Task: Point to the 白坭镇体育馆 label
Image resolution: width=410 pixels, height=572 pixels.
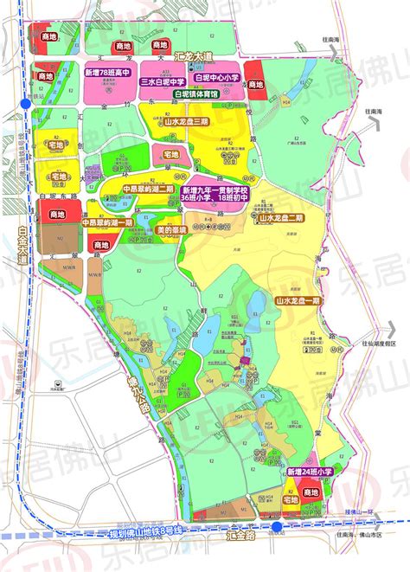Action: pos(197,93)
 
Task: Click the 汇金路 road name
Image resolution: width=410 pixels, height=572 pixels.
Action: pos(252,537)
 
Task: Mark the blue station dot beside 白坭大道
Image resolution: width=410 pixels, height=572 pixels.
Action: pos(26,103)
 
